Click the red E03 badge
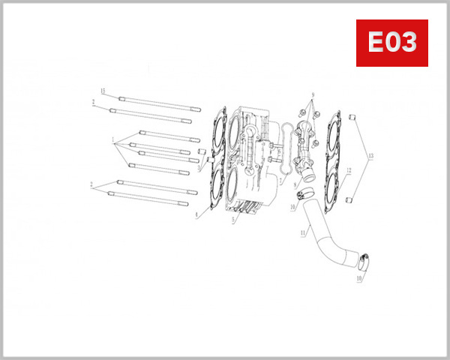391,43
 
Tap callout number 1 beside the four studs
112,139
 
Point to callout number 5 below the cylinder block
233,220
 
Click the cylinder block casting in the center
251,161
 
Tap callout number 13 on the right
370,156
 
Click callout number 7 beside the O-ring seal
280,181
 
